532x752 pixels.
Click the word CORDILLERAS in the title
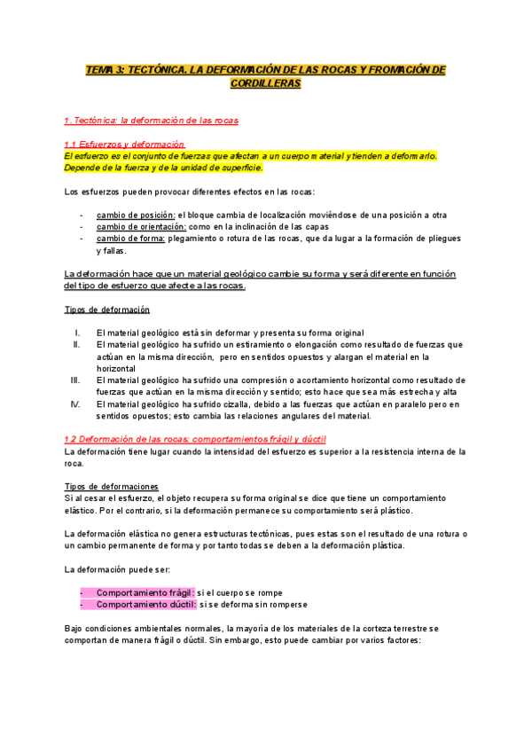[x=265, y=83]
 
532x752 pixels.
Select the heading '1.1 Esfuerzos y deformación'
[x=124, y=144]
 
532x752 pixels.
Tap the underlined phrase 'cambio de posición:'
[x=136, y=215]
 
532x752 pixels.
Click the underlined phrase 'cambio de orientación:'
[x=141, y=226]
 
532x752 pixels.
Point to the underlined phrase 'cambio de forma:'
[x=130, y=238]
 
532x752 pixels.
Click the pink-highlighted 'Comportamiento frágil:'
[x=145, y=591]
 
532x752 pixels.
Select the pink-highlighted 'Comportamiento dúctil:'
[x=145, y=604]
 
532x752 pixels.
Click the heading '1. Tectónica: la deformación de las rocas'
[x=151, y=120]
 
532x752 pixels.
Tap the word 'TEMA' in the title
[x=99, y=70]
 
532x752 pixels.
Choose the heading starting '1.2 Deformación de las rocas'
[x=195, y=439]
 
